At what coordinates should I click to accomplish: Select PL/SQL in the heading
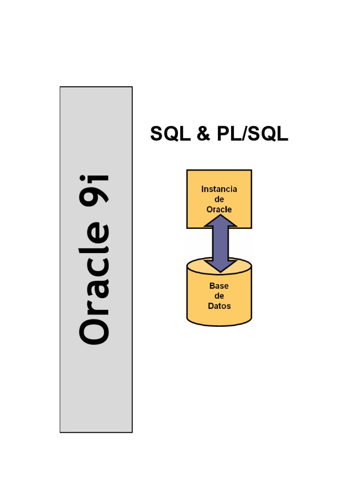pyautogui.click(x=252, y=134)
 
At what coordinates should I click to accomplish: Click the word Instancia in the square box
pyautogui.click(x=219, y=189)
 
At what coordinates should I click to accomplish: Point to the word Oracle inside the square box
pyautogui.click(x=219, y=210)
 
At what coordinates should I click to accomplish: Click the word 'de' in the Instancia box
pyautogui.click(x=219, y=199)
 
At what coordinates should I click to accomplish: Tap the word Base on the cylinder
pyautogui.click(x=219, y=285)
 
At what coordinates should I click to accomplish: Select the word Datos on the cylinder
pyautogui.click(x=219, y=306)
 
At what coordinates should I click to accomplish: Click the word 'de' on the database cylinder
pyautogui.click(x=219, y=296)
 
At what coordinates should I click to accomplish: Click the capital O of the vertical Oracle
pyautogui.click(x=95, y=327)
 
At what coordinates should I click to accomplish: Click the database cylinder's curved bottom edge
pyautogui.click(x=219, y=324)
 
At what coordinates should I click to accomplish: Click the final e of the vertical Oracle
pyautogui.click(x=98, y=235)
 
